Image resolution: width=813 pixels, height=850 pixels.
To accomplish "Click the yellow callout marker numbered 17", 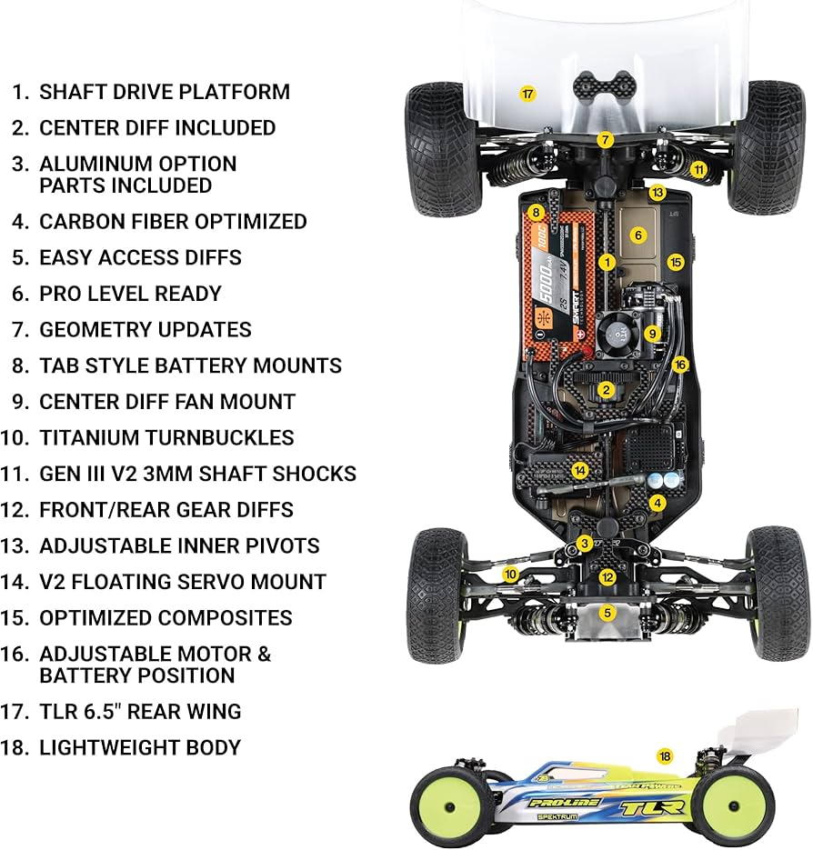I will click(x=527, y=93).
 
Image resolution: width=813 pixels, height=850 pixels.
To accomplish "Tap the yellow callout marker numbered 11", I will click(x=698, y=169).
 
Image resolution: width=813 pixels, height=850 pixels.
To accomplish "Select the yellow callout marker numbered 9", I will click(x=651, y=333).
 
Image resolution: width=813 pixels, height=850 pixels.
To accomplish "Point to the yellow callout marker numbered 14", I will click(x=579, y=470).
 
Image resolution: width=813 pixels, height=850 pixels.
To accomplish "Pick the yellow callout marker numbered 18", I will click(x=665, y=755).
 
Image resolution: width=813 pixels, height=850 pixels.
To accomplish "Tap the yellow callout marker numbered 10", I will click(x=511, y=574).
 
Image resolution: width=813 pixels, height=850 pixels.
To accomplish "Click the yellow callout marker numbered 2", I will click(x=607, y=390).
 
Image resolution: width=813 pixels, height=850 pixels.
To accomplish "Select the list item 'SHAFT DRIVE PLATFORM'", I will click(x=165, y=92).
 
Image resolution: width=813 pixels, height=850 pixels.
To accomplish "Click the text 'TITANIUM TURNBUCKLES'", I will click(x=166, y=437).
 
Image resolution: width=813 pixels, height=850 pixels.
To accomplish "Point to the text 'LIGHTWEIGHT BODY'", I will click(x=140, y=747).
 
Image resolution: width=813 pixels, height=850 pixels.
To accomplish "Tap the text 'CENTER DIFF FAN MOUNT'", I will click(x=167, y=401).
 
